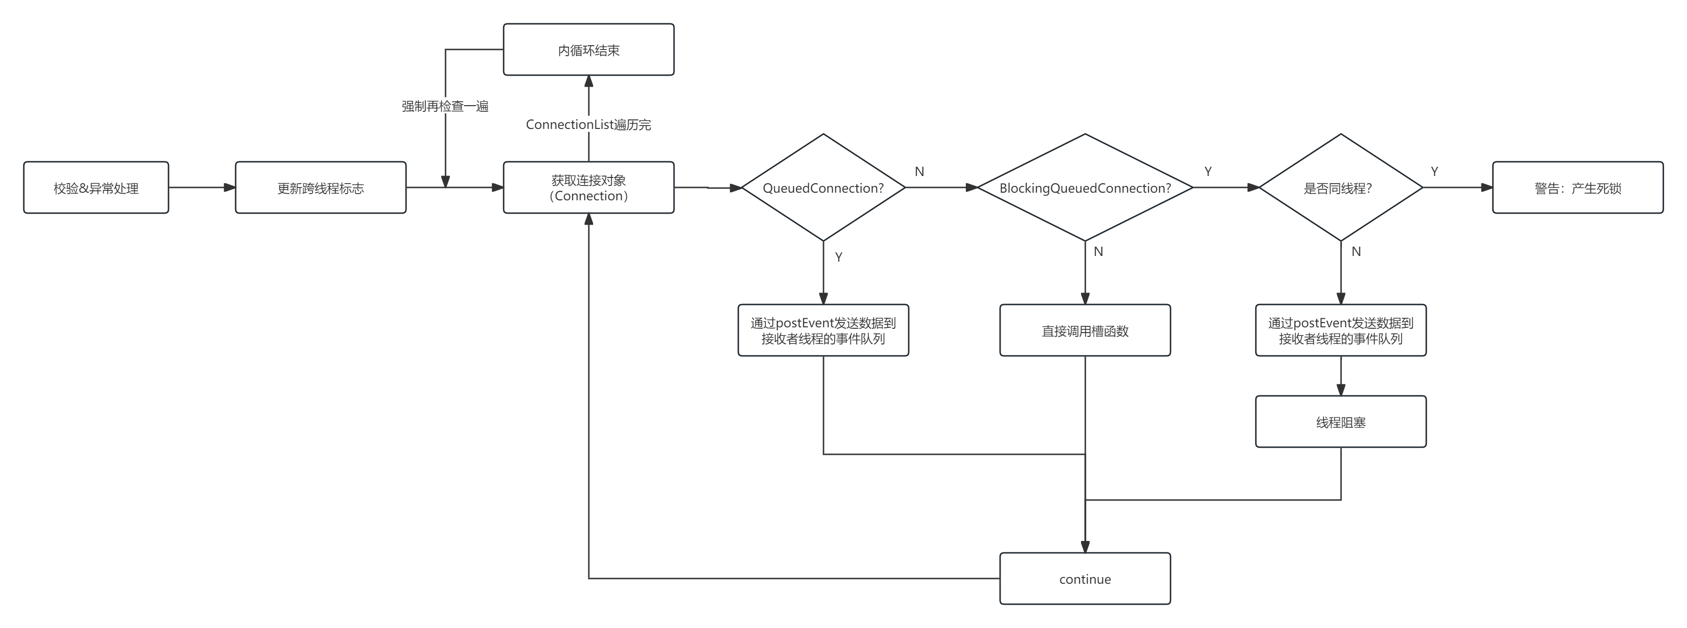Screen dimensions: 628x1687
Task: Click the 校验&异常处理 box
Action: click(96, 188)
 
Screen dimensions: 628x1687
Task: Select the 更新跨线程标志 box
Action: click(320, 188)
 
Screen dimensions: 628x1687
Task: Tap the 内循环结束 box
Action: click(588, 50)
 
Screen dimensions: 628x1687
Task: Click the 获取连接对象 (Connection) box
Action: click(588, 188)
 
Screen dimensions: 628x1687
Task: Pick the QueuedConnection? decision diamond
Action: click(823, 188)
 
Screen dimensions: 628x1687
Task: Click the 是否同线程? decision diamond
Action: click(1340, 188)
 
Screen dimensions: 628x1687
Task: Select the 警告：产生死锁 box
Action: click(1577, 188)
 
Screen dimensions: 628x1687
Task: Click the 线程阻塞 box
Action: click(1340, 422)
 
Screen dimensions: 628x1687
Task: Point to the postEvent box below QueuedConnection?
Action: click(823, 331)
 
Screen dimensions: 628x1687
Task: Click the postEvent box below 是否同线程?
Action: click(1340, 331)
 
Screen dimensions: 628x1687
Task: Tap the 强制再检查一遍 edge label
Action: click(446, 106)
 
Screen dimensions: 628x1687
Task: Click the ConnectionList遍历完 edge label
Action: click(588, 125)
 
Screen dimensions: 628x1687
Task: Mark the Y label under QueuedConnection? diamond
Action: click(838, 257)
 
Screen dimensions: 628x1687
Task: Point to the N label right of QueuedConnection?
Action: click(920, 172)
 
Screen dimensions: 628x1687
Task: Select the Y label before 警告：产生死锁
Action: click(1434, 172)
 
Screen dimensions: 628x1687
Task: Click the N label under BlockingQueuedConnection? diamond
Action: click(1098, 252)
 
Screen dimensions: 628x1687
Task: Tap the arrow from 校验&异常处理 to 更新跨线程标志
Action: click(202, 188)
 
